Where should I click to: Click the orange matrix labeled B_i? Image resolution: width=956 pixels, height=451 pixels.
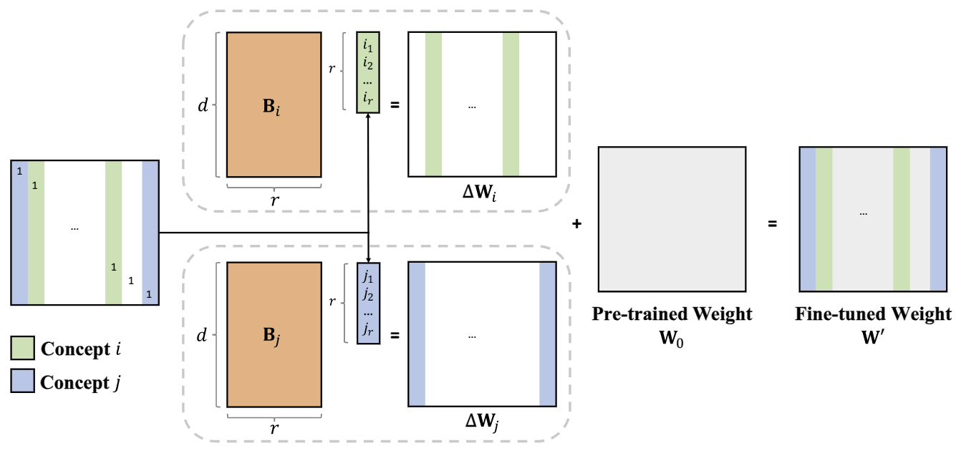point(274,105)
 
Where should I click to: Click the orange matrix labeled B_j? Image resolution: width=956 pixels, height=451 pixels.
point(274,334)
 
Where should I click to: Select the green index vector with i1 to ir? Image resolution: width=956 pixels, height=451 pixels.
point(368,72)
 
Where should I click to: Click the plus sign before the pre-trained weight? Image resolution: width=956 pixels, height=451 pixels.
point(576,225)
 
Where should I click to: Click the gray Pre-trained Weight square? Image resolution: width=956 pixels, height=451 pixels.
point(672,219)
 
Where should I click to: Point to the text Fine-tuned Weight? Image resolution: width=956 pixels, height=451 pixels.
point(873,314)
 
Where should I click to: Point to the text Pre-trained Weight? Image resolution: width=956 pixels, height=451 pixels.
point(672,314)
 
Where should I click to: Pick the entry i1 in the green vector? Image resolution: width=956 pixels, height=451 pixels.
point(368,47)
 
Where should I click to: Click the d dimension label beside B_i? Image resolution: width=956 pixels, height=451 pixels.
point(203,106)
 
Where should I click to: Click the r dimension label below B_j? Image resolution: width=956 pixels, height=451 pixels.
point(274,428)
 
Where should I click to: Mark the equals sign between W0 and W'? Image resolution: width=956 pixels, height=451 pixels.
point(773,225)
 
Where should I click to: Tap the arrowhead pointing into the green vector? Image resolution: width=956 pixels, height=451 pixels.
point(368,118)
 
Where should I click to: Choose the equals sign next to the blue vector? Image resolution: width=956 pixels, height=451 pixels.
point(395,335)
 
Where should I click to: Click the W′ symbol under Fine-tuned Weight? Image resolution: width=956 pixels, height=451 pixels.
point(872,334)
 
